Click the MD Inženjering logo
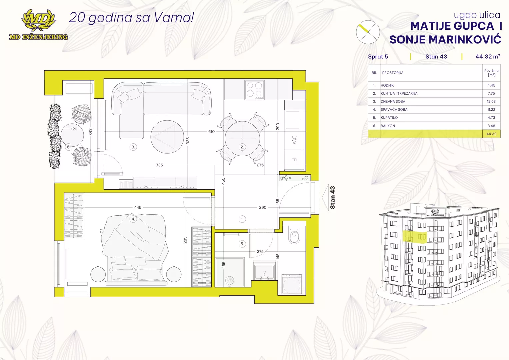tap(38, 25)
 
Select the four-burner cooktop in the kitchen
tap(255, 90)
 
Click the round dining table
tap(242, 138)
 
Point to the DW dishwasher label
tap(294, 140)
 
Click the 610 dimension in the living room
tap(211, 132)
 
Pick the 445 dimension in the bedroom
tap(138, 207)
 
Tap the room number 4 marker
tap(133, 219)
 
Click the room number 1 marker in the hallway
tap(242, 219)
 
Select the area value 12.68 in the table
tap(491, 101)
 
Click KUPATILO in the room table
tap(389, 117)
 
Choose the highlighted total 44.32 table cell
tap(491, 134)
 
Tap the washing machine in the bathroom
tap(292, 284)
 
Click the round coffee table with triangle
tap(167, 137)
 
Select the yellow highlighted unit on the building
tap(415, 237)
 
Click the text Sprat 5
tap(378, 57)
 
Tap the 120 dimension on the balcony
tap(74, 129)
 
